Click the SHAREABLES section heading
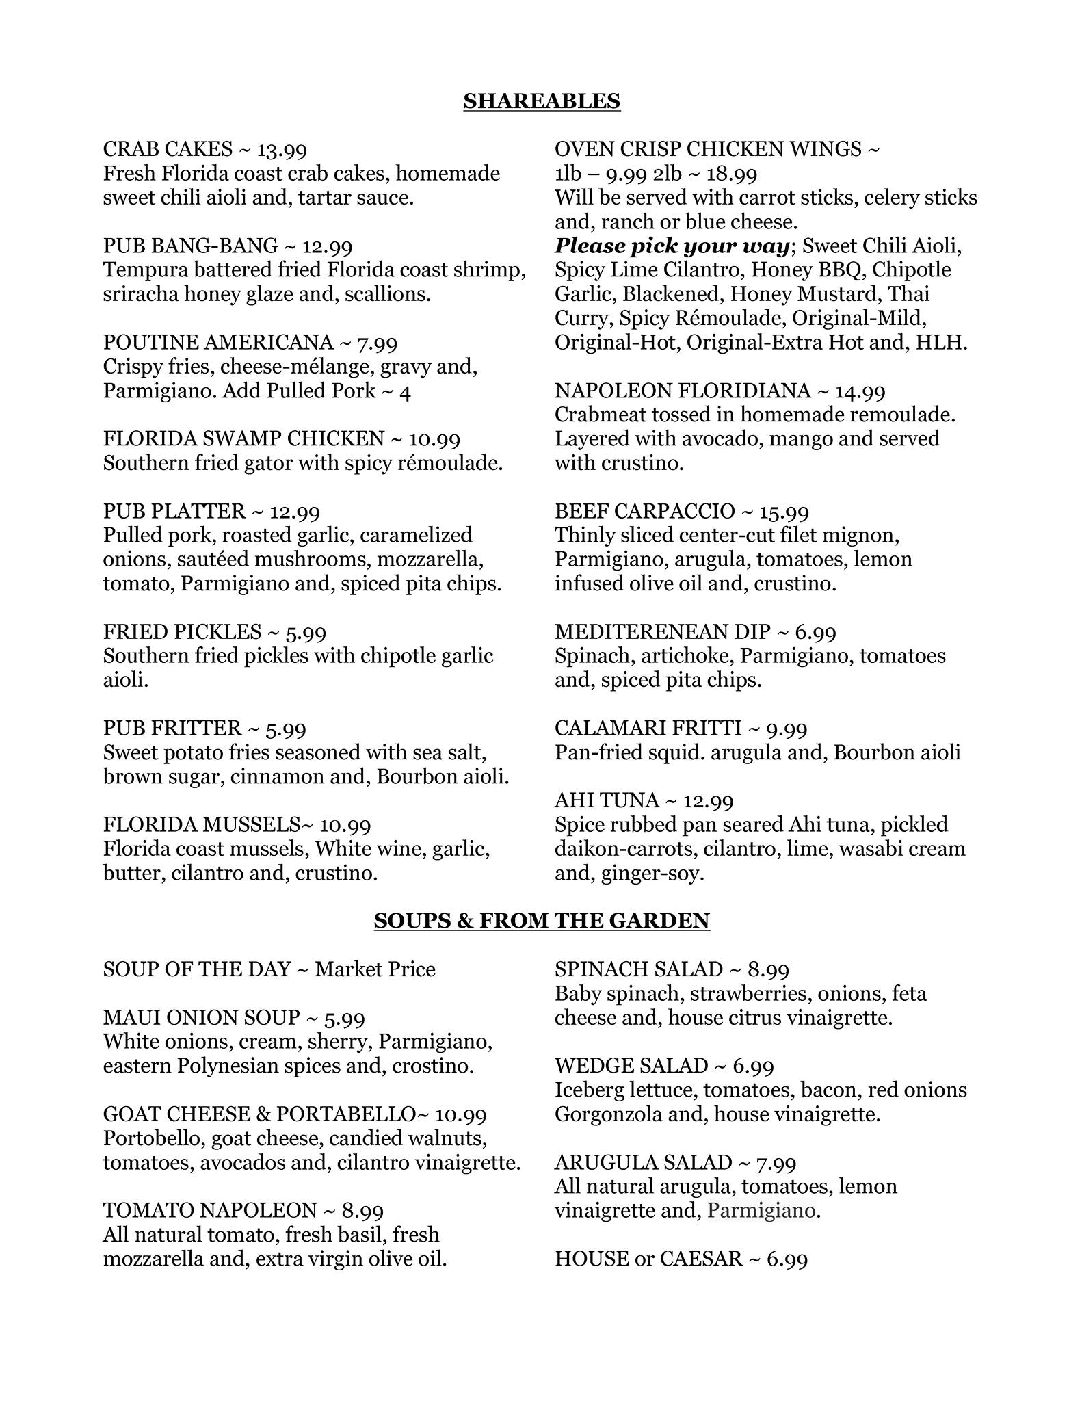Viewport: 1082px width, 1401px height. click(x=541, y=101)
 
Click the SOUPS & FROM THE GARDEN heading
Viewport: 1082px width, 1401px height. click(x=541, y=921)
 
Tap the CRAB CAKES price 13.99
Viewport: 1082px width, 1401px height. click(x=282, y=149)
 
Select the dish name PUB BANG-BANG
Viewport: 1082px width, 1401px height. click(x=191, y=246)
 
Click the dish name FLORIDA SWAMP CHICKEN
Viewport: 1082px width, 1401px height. click(x=243, y=438)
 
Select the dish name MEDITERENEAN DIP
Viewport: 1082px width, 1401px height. click(x=663, y=631)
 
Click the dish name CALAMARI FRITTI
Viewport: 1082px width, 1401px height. click(x=648, y=728)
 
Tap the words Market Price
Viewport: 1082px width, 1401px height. click(x=375, y=969)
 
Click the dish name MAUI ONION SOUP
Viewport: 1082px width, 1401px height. click(x=202, y=1017)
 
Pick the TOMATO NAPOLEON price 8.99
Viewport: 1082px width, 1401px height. click(x=362, y=1210)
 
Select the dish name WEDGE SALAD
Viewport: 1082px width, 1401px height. click(x=631, y=1066)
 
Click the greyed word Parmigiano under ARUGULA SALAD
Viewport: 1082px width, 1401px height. click(x=761, y=1210)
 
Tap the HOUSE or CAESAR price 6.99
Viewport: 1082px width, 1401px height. click(x=787, y=1259)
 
